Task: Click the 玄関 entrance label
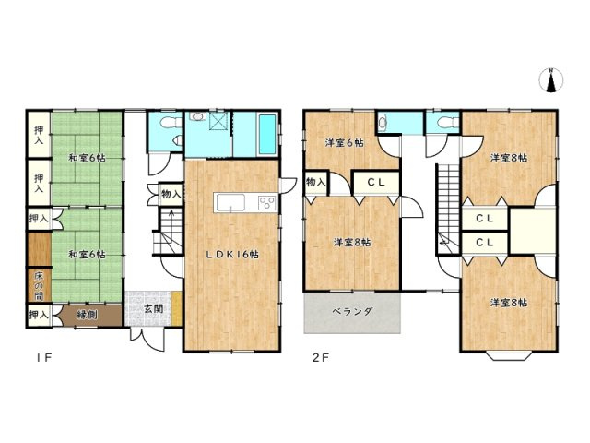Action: point(154,308)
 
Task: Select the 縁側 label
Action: point(86,315)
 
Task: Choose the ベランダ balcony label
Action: point(352,312)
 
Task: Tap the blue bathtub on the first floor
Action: point(263,134)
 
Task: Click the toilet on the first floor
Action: point(168,124)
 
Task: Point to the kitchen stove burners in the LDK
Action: point(266,203)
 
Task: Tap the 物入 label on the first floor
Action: point(171,194)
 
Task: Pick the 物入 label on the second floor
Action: point(315,182)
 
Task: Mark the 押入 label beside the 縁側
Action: point(38,316)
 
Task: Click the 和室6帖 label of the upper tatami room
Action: point(85,157)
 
